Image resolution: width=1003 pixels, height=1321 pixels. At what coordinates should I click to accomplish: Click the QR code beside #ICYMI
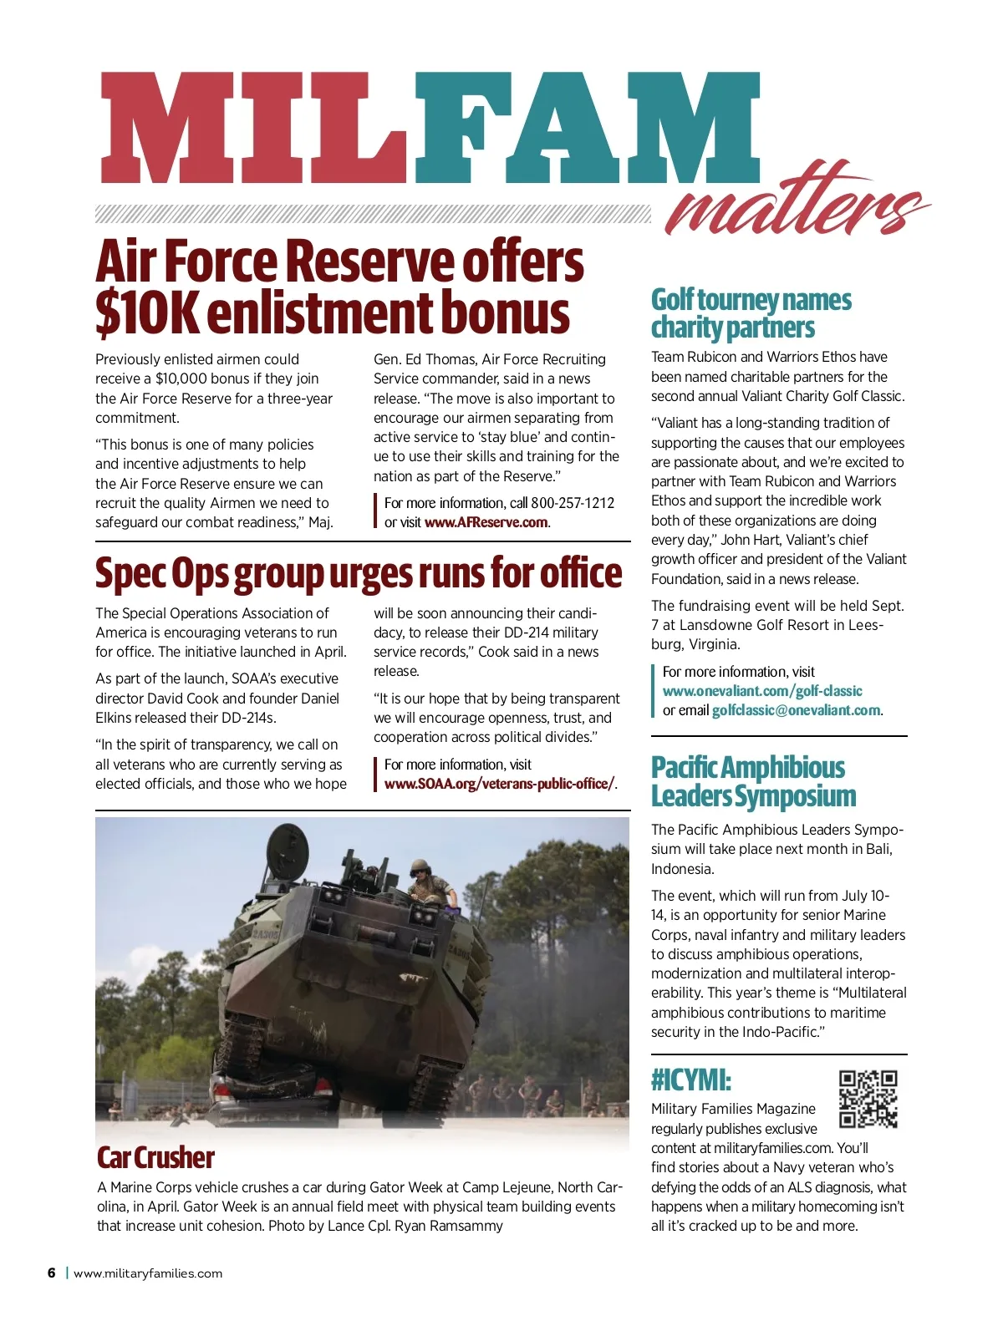868,1099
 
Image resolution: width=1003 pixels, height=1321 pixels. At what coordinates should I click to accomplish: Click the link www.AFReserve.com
486,523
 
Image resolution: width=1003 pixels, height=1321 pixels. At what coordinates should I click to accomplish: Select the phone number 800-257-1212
573,503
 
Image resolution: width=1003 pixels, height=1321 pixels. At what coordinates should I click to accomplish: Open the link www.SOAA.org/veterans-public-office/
499,785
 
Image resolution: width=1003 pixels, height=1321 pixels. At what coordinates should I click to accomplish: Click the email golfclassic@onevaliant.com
796,711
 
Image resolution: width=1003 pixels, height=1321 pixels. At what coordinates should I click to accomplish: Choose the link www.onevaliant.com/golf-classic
762,691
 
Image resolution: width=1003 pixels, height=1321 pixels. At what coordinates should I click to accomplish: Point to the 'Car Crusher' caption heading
155,1158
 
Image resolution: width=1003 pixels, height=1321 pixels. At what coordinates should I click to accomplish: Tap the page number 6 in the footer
52,1273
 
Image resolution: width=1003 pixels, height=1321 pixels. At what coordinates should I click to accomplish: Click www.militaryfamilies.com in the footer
148,1274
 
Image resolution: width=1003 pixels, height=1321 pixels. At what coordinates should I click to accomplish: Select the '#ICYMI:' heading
691,1080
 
